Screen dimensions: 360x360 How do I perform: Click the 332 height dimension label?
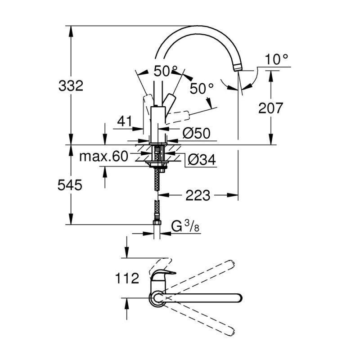[x=71, y=85]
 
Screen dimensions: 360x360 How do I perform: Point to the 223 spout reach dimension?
[x=198, y=196]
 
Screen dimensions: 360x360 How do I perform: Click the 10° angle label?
[x=276, y=59]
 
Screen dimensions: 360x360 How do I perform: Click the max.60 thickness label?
[x=103, y=157]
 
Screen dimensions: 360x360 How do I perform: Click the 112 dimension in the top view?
[x=126, y=279]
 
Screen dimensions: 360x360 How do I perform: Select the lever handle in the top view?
[x=163, y=275]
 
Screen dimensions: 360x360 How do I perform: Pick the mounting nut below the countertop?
[x=157, y=165]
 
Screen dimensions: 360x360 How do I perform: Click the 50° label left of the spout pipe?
[x=165, y=70]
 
